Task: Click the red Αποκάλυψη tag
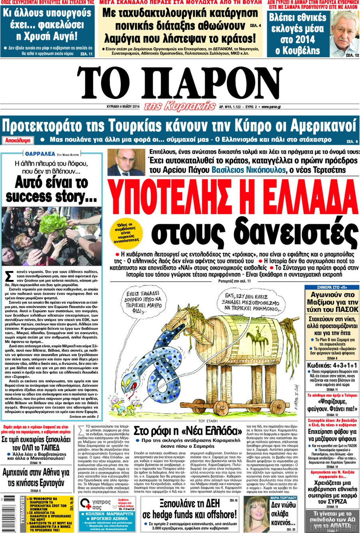click(x=17, y=140)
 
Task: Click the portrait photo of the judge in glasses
click(x=126, y=162)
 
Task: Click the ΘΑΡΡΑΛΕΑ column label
click(x=40, y=153)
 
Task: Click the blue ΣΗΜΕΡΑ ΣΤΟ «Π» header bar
click(x=332, y=287)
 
